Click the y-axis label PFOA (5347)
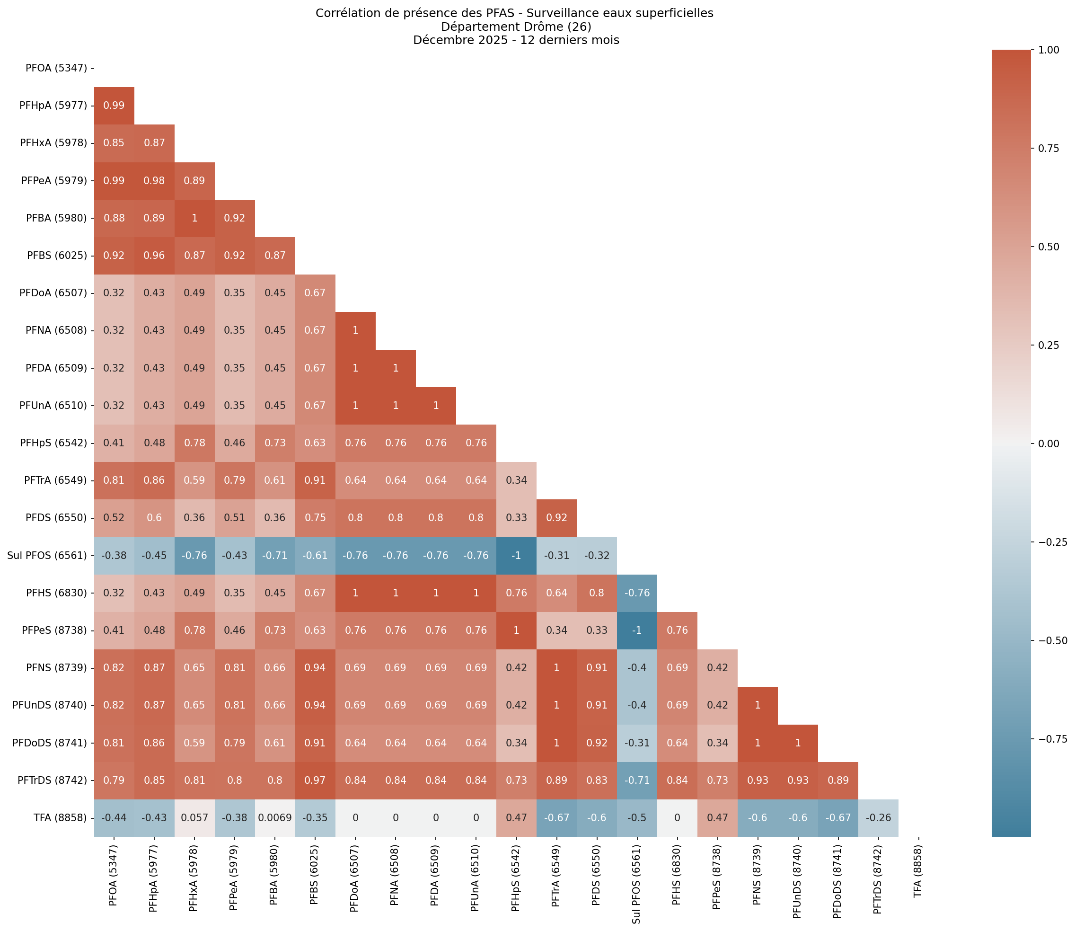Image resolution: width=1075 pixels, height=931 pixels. tap(56, 68)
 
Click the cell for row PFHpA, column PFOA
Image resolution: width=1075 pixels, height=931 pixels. tap(114, 106)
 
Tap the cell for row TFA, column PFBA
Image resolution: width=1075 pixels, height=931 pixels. tap(275, 818)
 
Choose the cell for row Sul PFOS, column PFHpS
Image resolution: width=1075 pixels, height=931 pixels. tap(516, 555)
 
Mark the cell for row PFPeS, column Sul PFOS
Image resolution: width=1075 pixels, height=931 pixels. tap(637, 630)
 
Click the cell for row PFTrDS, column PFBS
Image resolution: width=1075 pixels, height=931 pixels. tap(315, 780)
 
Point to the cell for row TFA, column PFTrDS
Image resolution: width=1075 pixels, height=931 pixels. tap(878, 818)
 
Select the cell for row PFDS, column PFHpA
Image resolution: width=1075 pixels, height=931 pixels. tap(154, 518)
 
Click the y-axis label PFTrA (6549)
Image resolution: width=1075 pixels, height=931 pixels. tap(57, 480)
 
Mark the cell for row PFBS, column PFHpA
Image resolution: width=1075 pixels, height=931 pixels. tap(154, 256)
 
